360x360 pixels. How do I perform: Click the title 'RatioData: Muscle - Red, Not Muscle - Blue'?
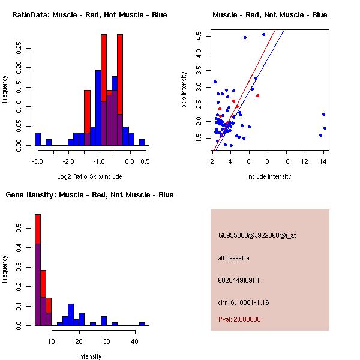tap(89, 14)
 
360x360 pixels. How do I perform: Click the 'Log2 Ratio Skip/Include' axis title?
tap(89, 176)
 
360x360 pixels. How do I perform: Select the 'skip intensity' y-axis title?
tap(184, 90)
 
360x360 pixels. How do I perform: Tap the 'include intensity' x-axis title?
tap(269, 176)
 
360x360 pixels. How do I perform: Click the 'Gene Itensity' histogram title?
tap(89, 195)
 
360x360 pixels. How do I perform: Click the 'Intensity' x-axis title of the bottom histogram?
tap(89, 356)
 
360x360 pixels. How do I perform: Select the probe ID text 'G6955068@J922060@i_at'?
tap(257, 235)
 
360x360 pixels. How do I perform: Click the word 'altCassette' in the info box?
tap(233, 258)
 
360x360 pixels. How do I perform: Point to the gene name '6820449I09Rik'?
tap(239, 280)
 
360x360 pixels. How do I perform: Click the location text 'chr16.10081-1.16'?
tap(244, 302)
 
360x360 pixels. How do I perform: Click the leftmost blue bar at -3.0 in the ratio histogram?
tap(38, 139)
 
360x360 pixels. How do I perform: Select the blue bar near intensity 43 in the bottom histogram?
tap(142, 324)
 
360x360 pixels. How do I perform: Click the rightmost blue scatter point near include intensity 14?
tap(325, 128)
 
